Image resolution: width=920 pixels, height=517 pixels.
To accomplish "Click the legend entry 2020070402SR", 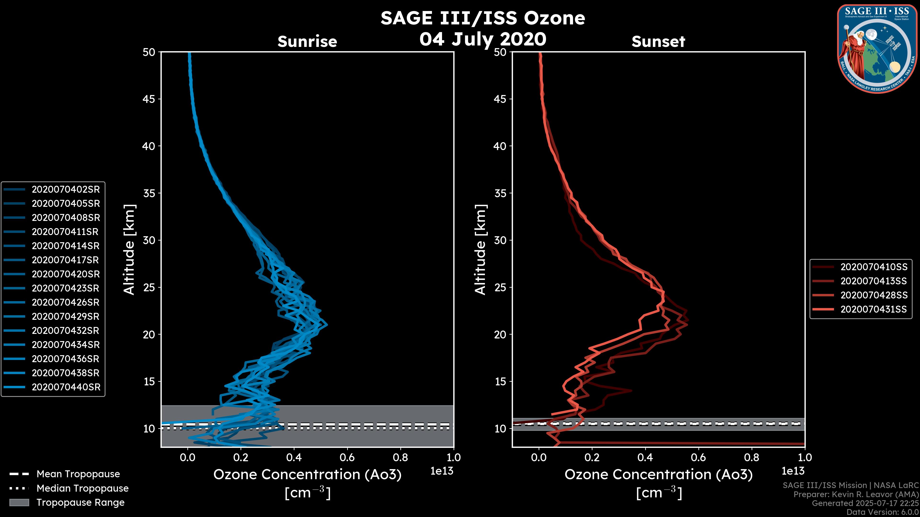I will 66,190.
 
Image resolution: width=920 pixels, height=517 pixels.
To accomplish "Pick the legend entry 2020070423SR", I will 65,288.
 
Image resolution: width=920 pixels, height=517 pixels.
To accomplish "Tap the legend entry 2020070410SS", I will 874,267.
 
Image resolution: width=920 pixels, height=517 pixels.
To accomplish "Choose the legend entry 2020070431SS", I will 874,309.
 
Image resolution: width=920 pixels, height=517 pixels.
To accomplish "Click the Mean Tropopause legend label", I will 78,474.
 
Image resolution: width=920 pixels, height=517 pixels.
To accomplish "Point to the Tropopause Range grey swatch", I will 19,502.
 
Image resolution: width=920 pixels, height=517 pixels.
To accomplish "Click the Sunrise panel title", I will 307,42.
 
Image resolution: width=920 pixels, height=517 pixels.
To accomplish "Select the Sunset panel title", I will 658,42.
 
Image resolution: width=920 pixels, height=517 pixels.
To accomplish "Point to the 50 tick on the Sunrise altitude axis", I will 149,52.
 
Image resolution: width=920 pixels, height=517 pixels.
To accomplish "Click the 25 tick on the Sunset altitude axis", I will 500,287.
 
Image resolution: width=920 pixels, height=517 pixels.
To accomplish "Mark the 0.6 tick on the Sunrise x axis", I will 347,457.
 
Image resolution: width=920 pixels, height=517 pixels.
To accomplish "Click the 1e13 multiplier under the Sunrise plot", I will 442,471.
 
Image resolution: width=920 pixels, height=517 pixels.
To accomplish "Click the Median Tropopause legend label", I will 82,489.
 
